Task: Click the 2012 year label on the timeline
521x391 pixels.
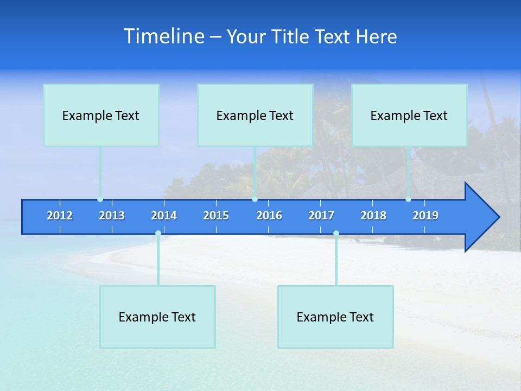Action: (60, 216)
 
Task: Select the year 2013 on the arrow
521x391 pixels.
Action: (112, 216)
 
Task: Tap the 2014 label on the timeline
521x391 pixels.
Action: (164, 216)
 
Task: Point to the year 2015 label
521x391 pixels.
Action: (216, 216)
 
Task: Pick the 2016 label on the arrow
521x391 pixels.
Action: (269, 216)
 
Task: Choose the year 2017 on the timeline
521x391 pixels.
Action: (321, 216)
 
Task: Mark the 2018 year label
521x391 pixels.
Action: (373, 216)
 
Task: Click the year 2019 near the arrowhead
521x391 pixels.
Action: (425, 216)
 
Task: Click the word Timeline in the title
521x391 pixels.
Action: (164, 36)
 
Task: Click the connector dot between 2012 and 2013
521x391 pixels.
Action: (100, 199)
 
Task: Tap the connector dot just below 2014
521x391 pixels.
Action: (158, 234)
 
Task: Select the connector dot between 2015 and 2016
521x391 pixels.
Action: (255, 199)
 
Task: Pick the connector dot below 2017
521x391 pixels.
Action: (336, 234)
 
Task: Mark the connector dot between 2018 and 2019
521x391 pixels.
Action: (408, 199)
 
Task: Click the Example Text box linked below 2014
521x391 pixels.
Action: (157, 317)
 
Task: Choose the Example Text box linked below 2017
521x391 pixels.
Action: (335, 317)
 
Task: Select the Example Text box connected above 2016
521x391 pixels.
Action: (255, 115)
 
